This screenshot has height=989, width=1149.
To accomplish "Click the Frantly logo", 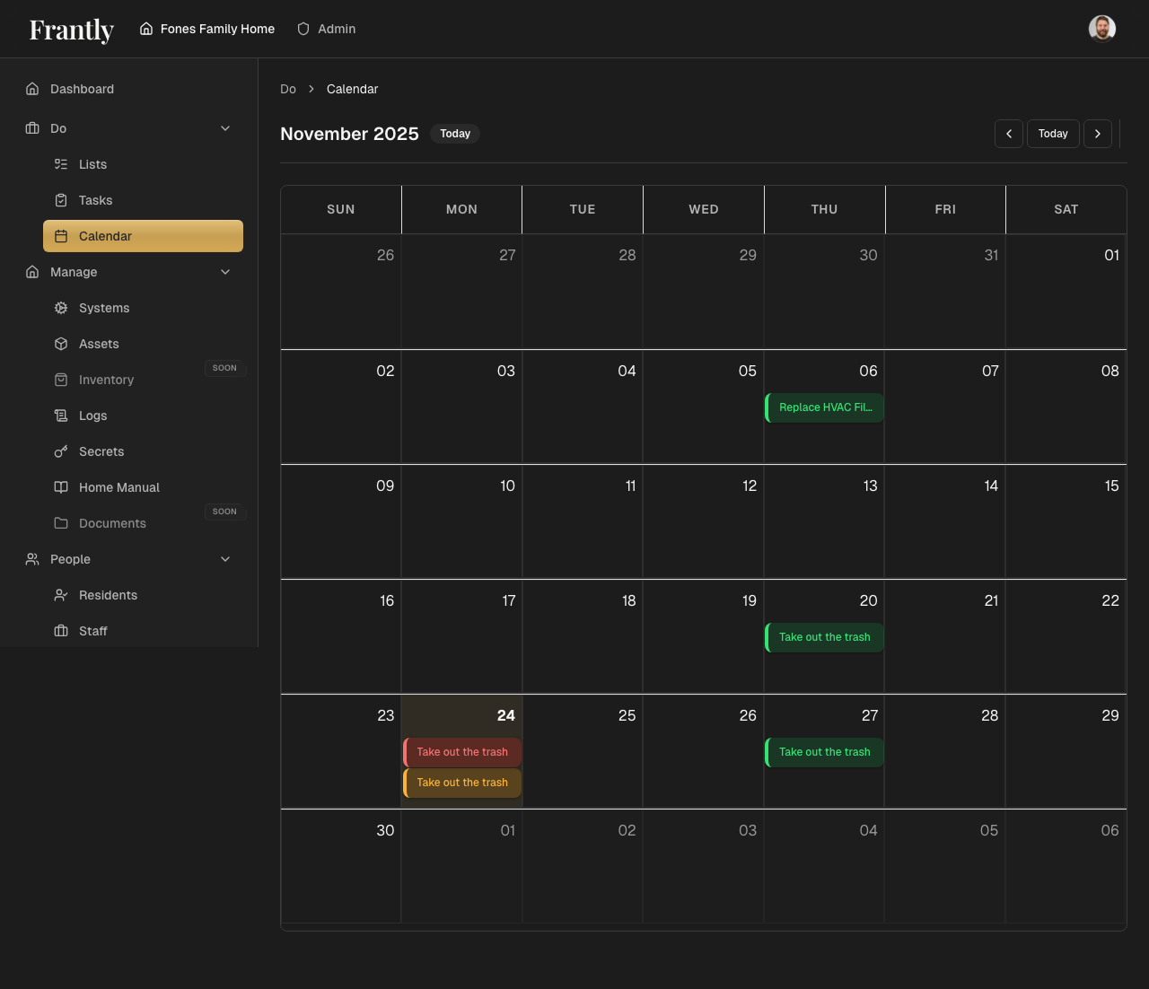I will pos(72,30).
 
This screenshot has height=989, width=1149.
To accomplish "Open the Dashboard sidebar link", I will pos(82,89).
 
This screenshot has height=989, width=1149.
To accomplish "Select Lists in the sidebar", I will pos(92,164).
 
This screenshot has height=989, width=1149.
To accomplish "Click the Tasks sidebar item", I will pos(95,200).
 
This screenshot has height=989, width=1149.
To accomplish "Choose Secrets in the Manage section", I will pos(101,451).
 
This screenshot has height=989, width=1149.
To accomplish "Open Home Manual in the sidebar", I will pos(118,487).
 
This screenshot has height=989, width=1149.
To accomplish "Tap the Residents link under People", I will pos(108,595).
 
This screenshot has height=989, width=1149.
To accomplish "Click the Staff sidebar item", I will pos(92,631).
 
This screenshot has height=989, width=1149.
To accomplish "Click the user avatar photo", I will pos(1102,29).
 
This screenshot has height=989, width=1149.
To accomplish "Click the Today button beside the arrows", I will pos(1053,134).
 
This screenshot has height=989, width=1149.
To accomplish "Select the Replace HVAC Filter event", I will pos(825,407).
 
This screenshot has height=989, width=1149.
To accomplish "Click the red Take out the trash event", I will pos(462,752).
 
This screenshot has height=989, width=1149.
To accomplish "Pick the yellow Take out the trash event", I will pos(462,783).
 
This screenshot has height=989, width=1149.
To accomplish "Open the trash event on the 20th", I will pos(825,637).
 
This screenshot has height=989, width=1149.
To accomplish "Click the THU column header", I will pos(824,209).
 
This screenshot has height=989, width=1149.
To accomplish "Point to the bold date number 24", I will pos(506,715).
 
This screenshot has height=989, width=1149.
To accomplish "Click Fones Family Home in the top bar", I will pos(217,29).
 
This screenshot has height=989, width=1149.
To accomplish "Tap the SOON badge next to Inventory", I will pos(224,368).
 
